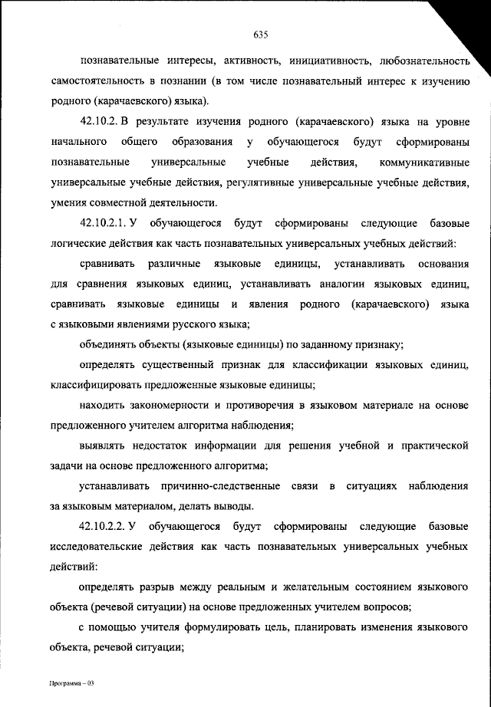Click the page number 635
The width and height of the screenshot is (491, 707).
point(259,35)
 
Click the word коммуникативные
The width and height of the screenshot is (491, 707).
point(424,163)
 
